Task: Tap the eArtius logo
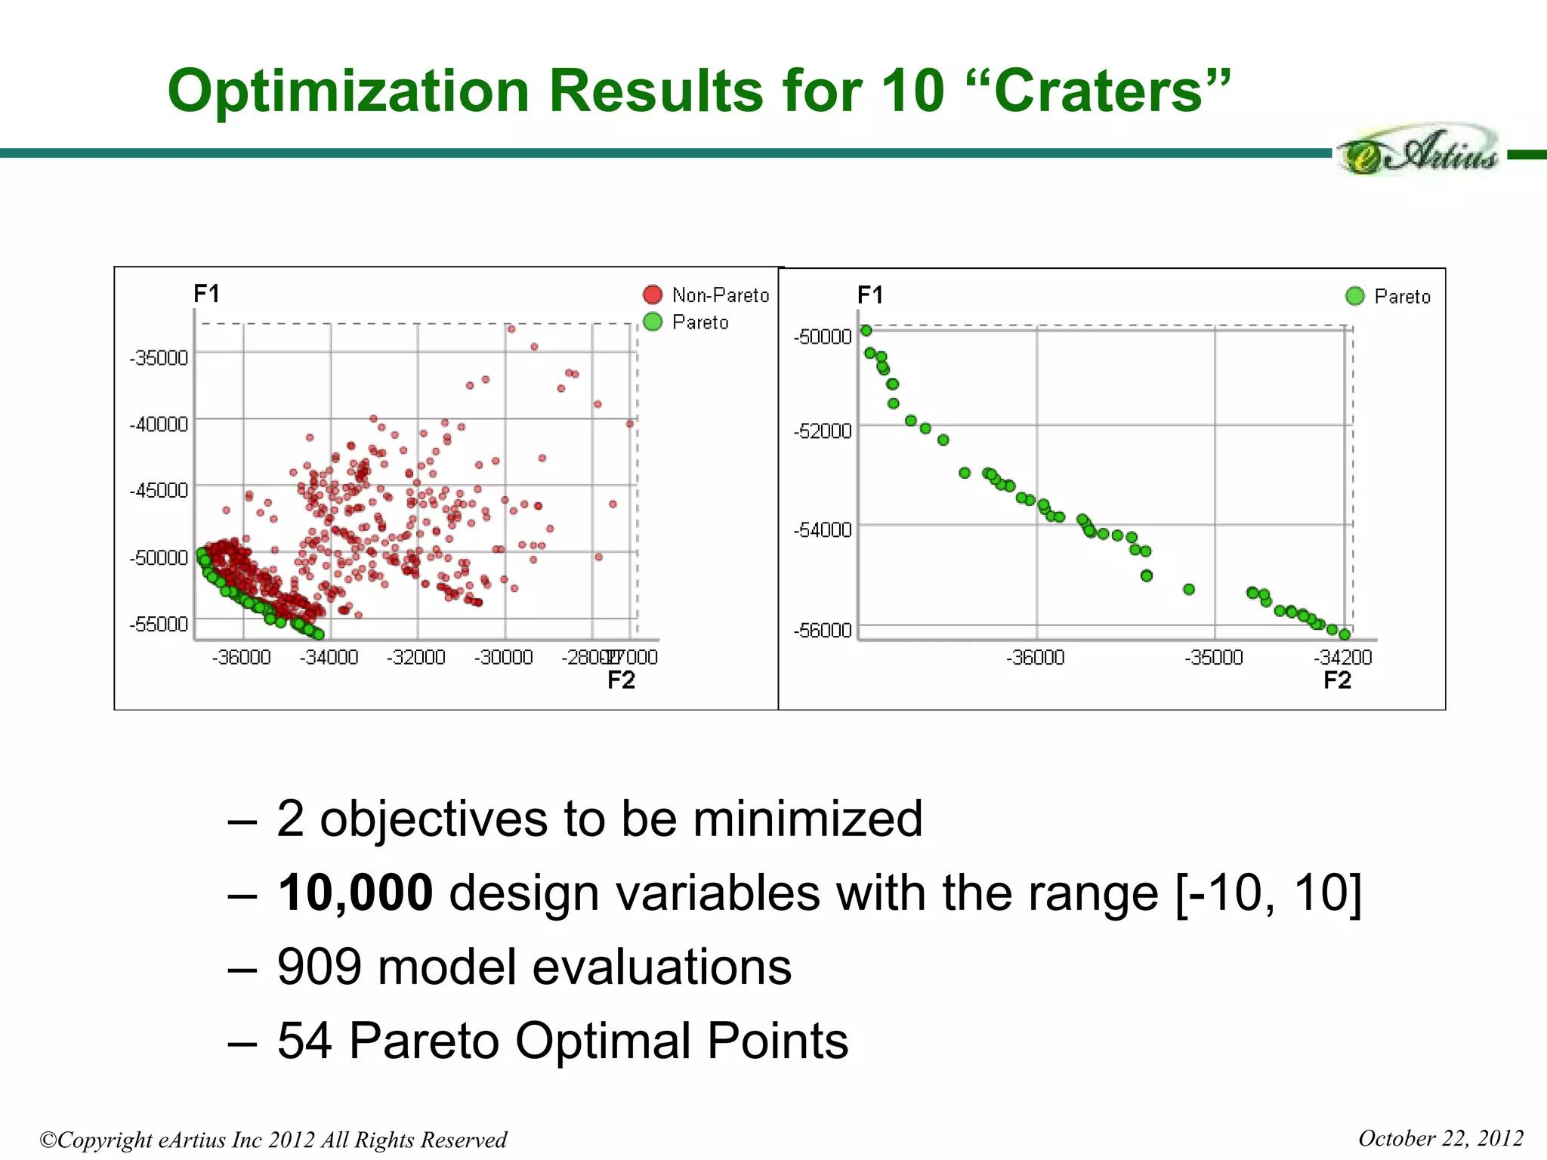tap(1419, 151)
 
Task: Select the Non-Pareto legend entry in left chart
tap(706, 295)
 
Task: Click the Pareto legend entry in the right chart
tap(1388, 296)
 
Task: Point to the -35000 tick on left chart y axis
tap(159, 357)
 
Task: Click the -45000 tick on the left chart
tap(159, 490)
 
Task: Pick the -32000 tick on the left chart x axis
tap(416, 657)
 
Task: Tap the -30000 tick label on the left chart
tap(504, 657)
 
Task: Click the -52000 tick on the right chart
tap(823, 430)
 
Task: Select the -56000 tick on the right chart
tap(823, 630)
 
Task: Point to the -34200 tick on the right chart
tap(1343, 657)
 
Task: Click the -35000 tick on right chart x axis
tap(1214, 657)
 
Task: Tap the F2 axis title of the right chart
tap(1337, 680)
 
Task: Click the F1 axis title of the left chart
tap(206, 293)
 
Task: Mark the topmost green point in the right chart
tap(866, 331)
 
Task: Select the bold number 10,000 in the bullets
tap(355, 893)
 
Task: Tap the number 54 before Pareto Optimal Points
tap(304, 1041)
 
